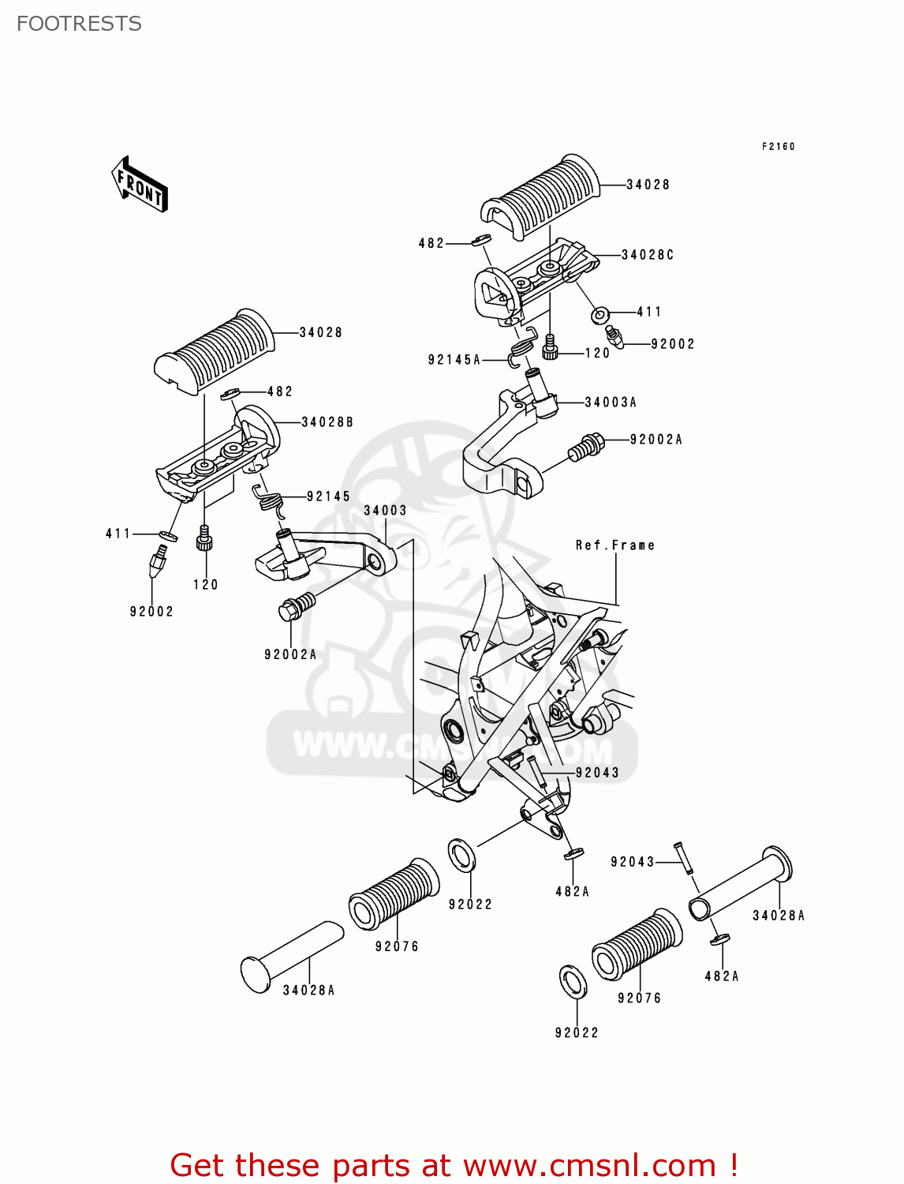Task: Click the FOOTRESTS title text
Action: [x=79, y=24]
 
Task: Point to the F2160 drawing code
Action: [x=778, y=146]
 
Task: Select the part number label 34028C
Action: [x=647, y=255]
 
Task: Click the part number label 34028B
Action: [x=327, y=422]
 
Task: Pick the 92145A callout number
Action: [x=454, y=360]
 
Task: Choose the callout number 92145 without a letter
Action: [x=328, y=496]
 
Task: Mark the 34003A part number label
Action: [x=611, y=403]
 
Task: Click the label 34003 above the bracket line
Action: [x=385, y=511]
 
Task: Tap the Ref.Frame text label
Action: [x=615, y=545]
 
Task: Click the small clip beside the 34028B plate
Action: [x=231, y=392]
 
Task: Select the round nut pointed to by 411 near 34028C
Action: [x=600, y=316]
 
